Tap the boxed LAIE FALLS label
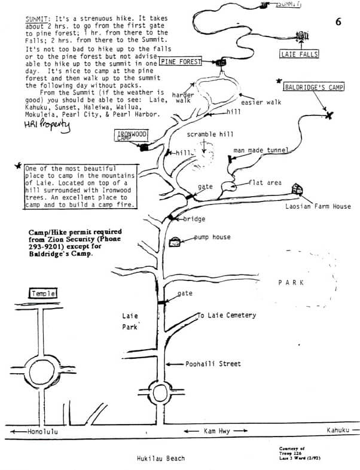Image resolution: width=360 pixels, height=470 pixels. [x=299, y=54]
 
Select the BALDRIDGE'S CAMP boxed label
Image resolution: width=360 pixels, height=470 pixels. [x=314, y=87]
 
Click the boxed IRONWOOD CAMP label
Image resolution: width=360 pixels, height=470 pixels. [x=131, y=135]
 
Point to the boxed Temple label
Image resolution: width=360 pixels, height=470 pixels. [x=44, y=294]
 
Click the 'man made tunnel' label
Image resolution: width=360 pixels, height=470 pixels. [x=261, y=150]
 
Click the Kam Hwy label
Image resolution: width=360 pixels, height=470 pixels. [x=216, y=431]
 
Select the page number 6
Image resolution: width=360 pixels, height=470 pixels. [x=338, y=22]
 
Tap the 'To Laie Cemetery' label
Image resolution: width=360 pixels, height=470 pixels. [x=227, y=315]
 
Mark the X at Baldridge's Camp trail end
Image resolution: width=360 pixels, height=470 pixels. [x=328, y=115]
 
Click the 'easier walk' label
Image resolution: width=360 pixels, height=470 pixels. [x=261, y=102]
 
